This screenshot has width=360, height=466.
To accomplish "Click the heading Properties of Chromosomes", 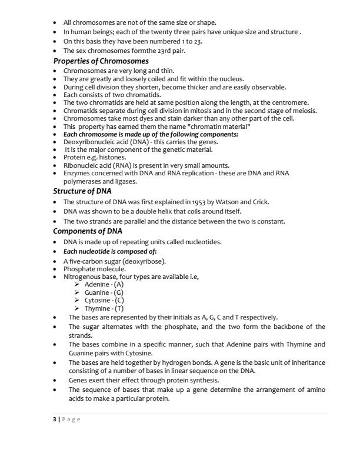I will coord(101,61).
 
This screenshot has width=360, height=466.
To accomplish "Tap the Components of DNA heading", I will coord(88,231).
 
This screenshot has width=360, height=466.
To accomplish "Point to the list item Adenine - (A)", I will coord(104,284).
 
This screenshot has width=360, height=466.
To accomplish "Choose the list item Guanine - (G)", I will coord(104,292).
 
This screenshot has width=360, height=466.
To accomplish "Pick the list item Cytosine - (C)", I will coord(104,300).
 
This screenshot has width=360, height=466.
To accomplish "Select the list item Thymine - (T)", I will coord(104,308).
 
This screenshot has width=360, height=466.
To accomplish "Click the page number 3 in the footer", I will coord(55,419).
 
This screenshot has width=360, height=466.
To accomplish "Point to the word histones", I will coord(113,157).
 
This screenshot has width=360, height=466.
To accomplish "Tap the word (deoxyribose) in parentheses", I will coord(140,261).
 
